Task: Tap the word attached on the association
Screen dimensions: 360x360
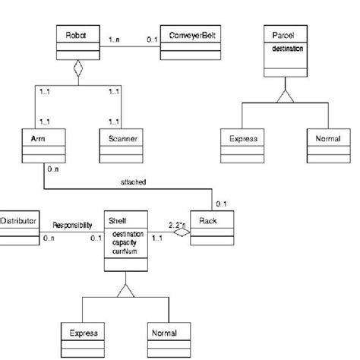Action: click(x=134, y=183)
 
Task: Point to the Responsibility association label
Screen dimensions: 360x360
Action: click(x=73, y=226)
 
